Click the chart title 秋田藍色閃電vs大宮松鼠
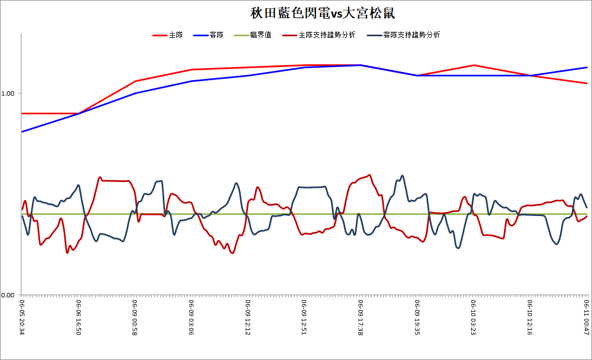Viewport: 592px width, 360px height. tap(323, 13)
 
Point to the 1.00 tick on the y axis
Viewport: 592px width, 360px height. tap(8, 93)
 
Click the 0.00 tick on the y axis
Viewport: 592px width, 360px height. tap(8, 295)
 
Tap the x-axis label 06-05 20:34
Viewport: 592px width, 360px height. tap(22, 317)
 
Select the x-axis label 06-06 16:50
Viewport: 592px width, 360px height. tap(79, 317)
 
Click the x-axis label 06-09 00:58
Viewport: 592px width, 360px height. tap(135, 317)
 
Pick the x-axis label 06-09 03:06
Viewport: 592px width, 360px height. tap(191, 317)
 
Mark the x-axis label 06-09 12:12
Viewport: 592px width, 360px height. tap(248, 317)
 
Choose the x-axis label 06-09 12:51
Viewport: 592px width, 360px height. tap(305, 317)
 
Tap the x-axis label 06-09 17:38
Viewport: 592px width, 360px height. tap(361, 317)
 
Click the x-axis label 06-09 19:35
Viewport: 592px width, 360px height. tap(417, 317)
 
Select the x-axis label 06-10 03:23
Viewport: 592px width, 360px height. tap(473, 317)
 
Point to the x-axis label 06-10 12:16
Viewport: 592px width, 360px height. tap(530, 317)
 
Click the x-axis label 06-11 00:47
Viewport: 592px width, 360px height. tap(587, 317)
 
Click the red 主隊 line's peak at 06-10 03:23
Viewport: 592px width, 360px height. tap(473, 65)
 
